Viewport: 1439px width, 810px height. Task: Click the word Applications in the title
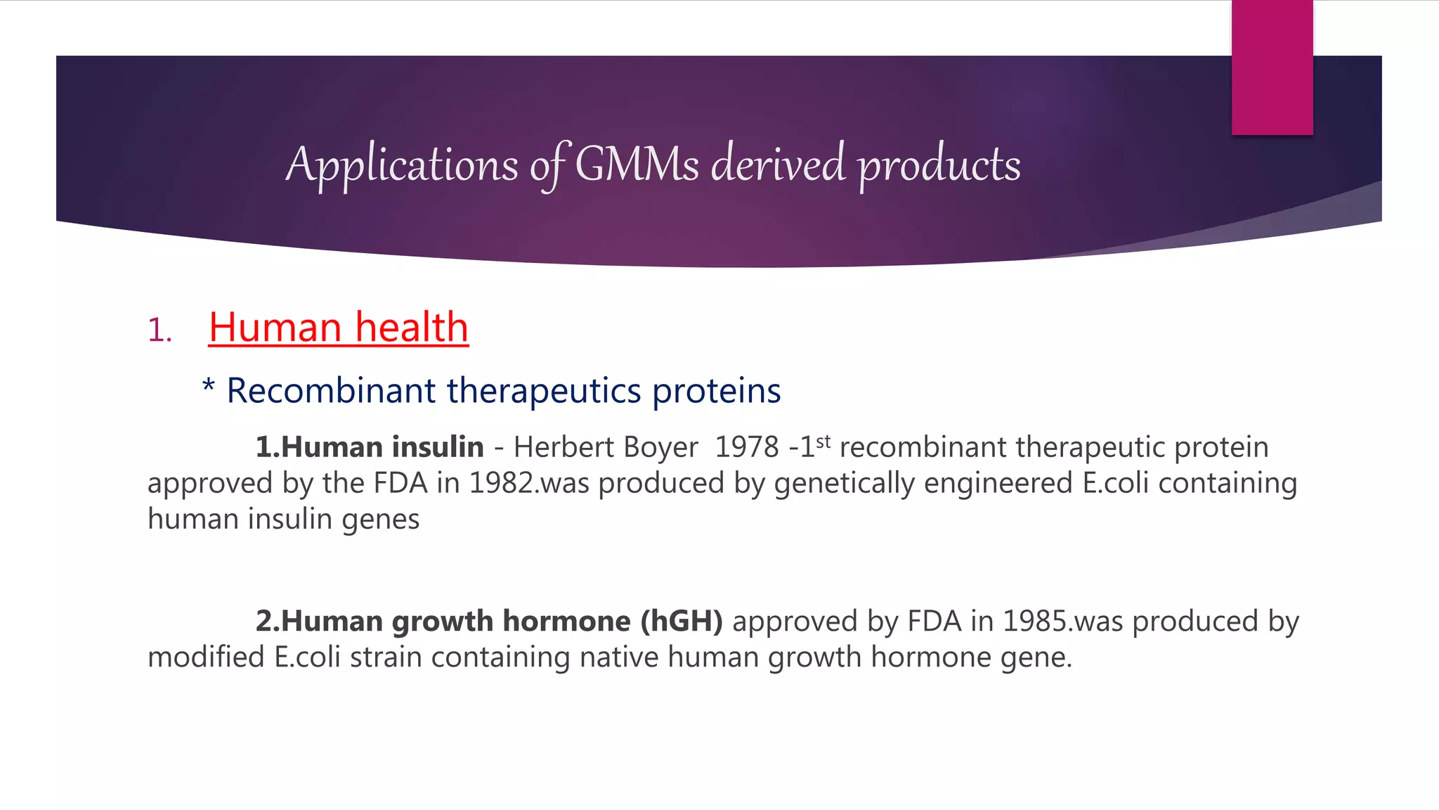pyautogui.click(x=401, y=165)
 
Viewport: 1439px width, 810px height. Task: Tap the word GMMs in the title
pyautogui.click(x=637, y=165)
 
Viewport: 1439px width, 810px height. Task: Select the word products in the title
pyautogui.click(x=939, y=165)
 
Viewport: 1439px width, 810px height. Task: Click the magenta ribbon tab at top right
pyautogui.click(x=1272, y=67)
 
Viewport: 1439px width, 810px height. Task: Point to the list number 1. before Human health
pyautogui.click(x=159, y=330)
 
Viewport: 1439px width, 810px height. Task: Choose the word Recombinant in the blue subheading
pyautogui.click(x=330, y=391)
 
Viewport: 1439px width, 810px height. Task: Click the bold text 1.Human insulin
pyautogui.click(x=370, y=447)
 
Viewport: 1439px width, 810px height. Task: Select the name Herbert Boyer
pyautogui.click(x=606, y=447)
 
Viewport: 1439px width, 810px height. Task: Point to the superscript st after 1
pyautogui.click(x=823, y=442)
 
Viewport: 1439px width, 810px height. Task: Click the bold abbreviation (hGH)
pyautogui.click(x=681, y=622)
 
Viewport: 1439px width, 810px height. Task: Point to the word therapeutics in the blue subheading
pyautogui.click(x=544, y=391)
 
